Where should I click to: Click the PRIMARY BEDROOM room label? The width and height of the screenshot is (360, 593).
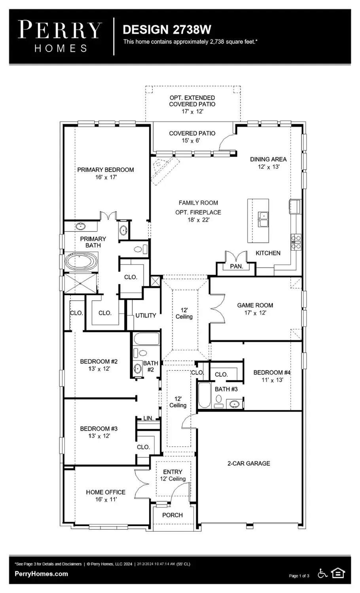(105, 170)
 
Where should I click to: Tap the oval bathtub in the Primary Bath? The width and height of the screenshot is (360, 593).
(81, 262)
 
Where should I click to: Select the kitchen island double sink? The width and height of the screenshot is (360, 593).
(263, 219)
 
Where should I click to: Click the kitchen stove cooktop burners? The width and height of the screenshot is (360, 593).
(296, 241)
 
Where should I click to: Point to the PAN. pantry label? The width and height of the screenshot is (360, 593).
(237, 266)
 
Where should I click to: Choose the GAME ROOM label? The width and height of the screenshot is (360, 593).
(255, 305)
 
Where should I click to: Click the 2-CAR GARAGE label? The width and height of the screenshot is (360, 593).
(248, 463)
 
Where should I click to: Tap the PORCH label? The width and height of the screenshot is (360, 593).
(172, 515)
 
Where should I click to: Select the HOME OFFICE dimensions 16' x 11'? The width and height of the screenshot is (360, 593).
(106, 500)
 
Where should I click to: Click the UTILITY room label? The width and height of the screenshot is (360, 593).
(146, 315)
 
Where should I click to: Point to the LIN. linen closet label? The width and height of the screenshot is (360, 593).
(148, 418)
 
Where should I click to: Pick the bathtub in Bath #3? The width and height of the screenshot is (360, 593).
(204, 395)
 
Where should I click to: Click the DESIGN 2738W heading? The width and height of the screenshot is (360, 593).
(167, 30)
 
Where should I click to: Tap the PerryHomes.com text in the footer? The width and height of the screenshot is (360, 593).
(41, 574)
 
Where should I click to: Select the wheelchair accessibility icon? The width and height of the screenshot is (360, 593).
(323, 573)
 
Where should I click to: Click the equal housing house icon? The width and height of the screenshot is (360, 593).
(338, 573)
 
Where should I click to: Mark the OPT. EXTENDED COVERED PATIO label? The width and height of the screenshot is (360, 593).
(192, 101)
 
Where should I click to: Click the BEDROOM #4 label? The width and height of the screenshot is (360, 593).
(272, 372)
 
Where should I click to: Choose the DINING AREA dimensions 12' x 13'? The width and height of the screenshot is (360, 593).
(269, 167)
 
